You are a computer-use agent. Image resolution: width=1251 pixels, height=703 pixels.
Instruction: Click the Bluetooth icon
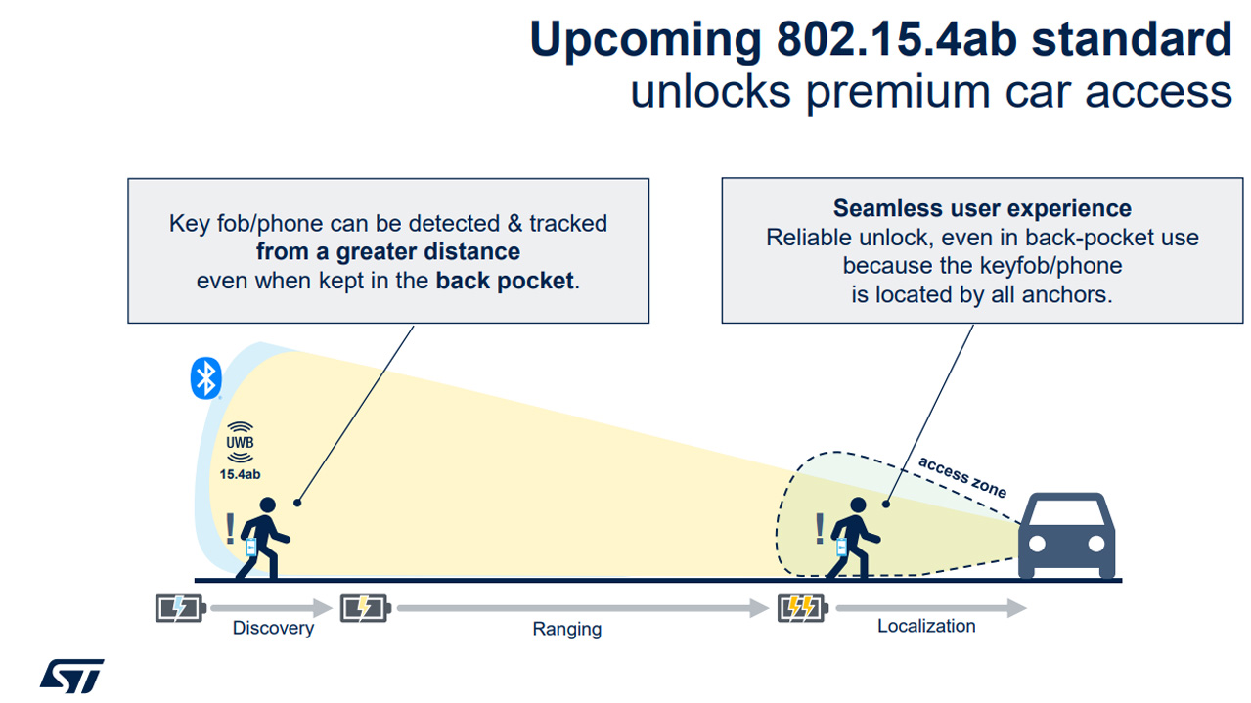tap(205, 378)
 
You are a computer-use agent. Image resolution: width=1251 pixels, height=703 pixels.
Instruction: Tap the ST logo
tap(72, 676)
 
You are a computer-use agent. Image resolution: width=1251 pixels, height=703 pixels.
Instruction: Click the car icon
tap(1066, 535)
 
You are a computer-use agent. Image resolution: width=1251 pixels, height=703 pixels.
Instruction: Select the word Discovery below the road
tap(273, 628)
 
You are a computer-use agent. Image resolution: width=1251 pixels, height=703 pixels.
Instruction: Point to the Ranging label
tap(567, 629)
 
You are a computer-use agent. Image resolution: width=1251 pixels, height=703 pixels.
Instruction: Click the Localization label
tap(926, 626)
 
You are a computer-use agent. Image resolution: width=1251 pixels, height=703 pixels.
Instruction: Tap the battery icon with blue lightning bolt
tap(180, 608)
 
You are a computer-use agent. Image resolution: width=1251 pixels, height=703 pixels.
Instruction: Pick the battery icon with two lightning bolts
tap(803, 608)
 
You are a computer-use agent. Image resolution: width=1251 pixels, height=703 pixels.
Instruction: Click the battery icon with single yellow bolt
tap(365, 608)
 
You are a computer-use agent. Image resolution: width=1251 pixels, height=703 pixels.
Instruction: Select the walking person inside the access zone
tap(852, 539)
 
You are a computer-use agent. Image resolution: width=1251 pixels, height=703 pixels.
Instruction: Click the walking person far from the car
tap(262, 539)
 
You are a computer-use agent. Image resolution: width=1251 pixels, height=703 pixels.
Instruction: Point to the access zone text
tap(962, 477)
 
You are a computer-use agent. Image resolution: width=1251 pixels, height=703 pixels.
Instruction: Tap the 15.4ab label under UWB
tap(240, 474)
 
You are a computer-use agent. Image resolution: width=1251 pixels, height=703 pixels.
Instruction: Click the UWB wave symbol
tap(240, 442)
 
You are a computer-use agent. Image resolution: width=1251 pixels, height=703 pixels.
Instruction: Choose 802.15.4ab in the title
tap(896, 39)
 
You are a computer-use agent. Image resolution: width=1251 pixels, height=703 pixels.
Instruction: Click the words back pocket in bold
tap(505, 281)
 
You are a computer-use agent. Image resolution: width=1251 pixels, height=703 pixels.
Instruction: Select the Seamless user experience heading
tap(982, 208)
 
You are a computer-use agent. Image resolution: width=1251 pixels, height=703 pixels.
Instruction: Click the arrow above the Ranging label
tap(583, 608)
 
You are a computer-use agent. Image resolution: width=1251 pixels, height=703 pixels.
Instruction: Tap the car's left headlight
tap(1037, 544)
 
